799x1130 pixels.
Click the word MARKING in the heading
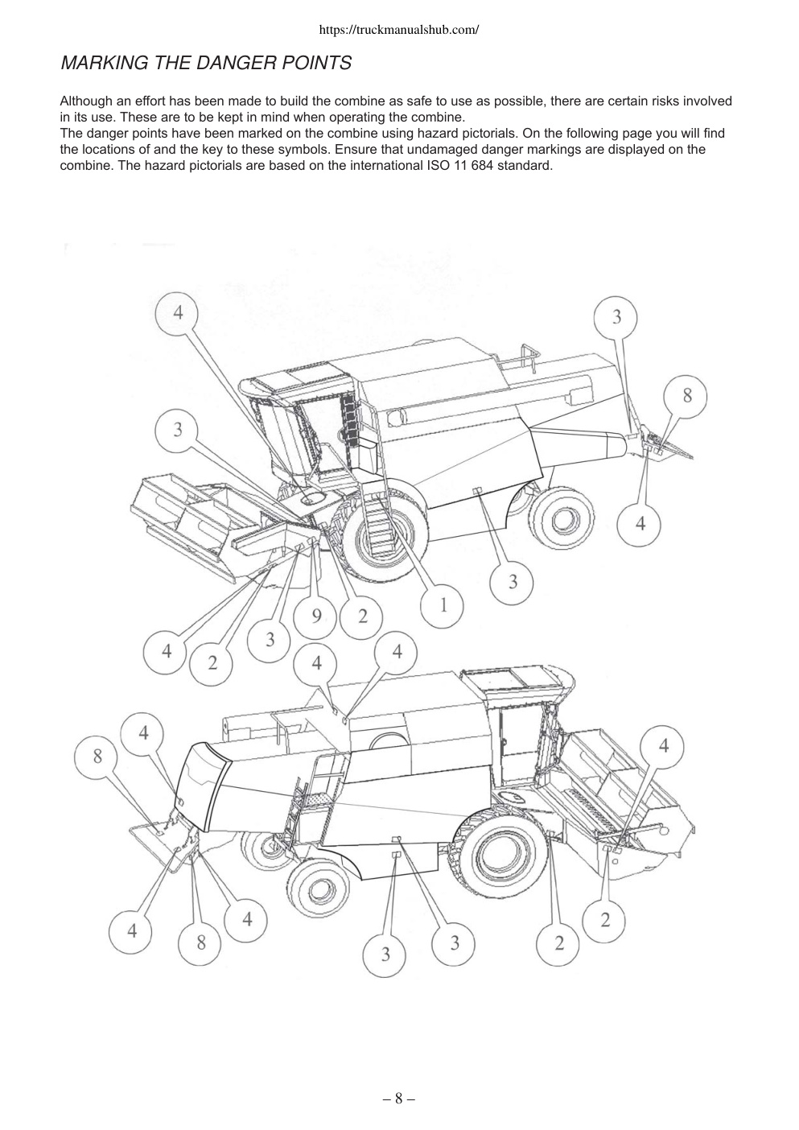point(104,63)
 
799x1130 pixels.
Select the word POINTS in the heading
point(316,63)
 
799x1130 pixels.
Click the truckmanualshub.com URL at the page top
point(399,30)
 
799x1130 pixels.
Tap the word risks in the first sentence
point(665,101)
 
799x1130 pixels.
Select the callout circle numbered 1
point(443,606)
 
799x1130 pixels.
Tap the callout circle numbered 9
point(315,617)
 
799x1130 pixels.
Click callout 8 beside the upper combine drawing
point(686,396)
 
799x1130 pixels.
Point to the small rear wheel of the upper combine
point(562,520)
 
